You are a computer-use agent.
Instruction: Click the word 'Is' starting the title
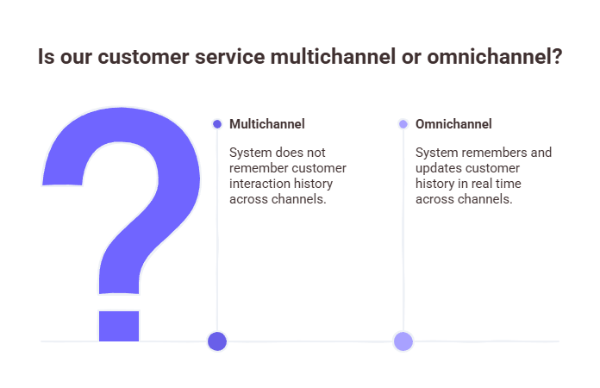coord(47,58)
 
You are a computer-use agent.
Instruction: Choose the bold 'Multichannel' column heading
coord(266,124)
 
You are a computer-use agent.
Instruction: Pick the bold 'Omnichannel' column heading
coord(453,124)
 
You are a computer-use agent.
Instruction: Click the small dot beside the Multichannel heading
coord(217,124)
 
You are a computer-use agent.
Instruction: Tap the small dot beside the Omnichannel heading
coord(403,124)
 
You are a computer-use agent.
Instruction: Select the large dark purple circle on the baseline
coord(217,341)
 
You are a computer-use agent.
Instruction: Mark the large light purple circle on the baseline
coord(403,341)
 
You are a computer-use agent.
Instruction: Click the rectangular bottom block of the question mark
coord(118,325)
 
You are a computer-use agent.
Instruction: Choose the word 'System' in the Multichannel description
coord(249,153)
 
